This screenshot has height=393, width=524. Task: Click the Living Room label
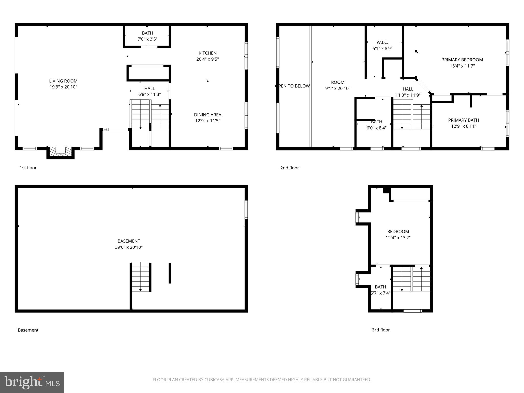point(63,81)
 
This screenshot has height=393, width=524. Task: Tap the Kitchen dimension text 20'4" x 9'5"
point(208,59)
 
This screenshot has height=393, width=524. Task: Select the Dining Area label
point(208,115)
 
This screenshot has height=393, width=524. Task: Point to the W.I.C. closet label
point(382,42)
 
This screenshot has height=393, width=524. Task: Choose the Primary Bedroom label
point(462,60)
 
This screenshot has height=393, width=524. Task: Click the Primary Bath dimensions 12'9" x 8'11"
point(463,126)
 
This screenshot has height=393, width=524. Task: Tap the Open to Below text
point(292,86)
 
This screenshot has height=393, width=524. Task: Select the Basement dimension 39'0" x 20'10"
point(129,247)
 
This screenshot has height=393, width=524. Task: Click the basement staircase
point(140,276)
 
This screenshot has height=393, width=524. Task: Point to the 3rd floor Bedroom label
point(398,232)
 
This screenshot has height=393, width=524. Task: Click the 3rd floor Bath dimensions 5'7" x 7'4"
point(380,293)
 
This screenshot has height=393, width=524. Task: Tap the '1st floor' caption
point(28,168)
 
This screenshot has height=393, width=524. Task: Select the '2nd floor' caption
point(289,168)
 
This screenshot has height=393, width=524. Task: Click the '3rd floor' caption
point(381,330)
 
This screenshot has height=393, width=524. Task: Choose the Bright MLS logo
point(32,382)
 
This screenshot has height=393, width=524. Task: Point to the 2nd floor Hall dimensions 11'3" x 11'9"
point(408,95)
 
